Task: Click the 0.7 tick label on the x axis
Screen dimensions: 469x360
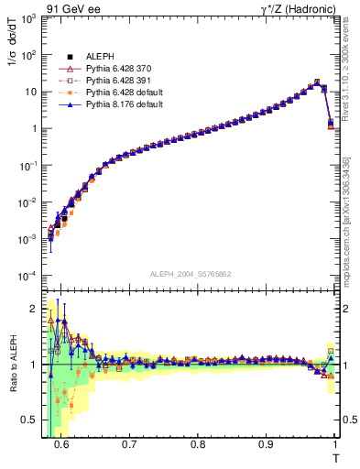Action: (129, 442)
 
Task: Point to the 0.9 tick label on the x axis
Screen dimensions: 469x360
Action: (266, 442)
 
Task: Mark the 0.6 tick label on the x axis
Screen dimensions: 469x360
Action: (61, 442)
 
